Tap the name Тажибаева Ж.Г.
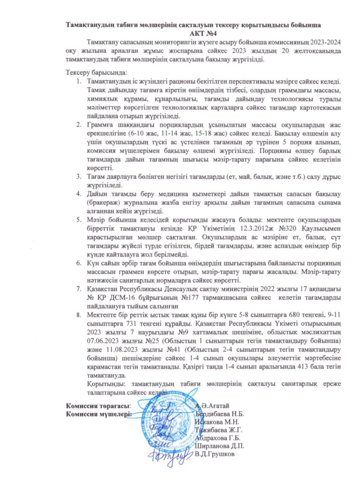tap(219, 430)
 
